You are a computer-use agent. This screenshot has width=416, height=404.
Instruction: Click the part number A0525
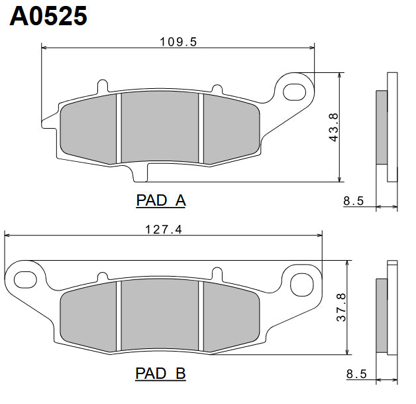pos(48,16)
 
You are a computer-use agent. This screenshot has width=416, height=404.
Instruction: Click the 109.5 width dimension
pos(178,41)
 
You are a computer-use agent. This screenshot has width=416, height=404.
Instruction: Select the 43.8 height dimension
pos(333,126)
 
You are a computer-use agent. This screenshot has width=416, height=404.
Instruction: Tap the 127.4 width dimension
pos(163,230)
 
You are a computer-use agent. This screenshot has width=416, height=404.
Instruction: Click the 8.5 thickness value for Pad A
pos(354,201)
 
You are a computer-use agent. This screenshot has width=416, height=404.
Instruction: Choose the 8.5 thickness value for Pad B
pos(356,374)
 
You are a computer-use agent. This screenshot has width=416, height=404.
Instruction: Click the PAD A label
pos(161,200)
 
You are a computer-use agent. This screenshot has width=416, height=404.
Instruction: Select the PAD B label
pos(161,373)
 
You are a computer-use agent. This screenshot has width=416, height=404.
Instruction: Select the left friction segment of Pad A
pos(88,129)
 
